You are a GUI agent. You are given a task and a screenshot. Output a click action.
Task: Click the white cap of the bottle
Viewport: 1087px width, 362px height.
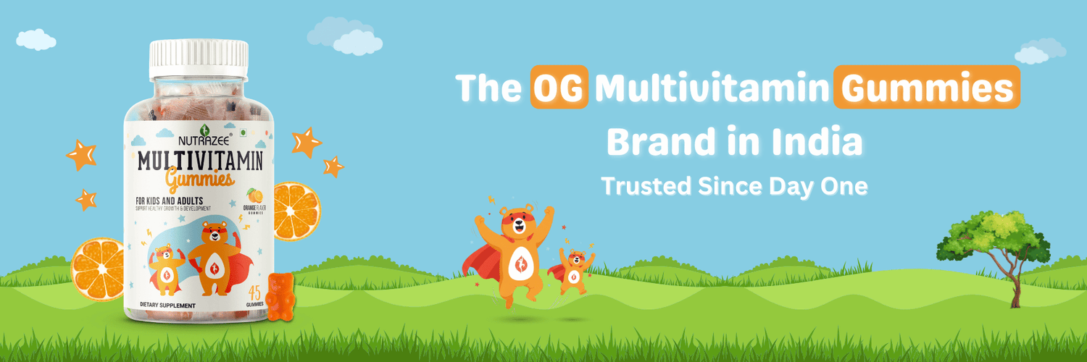tap(199, 58)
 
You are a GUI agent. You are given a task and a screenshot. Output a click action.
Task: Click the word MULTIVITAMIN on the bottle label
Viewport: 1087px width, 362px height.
tap(201, 158)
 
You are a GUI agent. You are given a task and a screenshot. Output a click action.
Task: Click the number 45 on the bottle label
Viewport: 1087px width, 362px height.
tap(254, 293)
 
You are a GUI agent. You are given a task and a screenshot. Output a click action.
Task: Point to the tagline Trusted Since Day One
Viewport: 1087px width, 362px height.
tap(734, 185)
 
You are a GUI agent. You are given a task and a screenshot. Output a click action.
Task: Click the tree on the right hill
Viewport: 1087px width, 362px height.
tap(994, 246)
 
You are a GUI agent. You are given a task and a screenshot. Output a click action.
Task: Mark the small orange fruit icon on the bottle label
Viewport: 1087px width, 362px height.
tap(254, 195)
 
